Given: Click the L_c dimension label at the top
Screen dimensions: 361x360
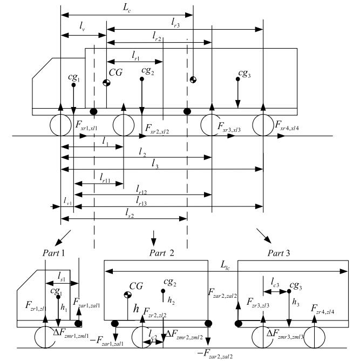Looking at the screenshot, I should tap(127, 5).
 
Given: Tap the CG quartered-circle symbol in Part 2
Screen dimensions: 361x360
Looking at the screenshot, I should tap(128, 295).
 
